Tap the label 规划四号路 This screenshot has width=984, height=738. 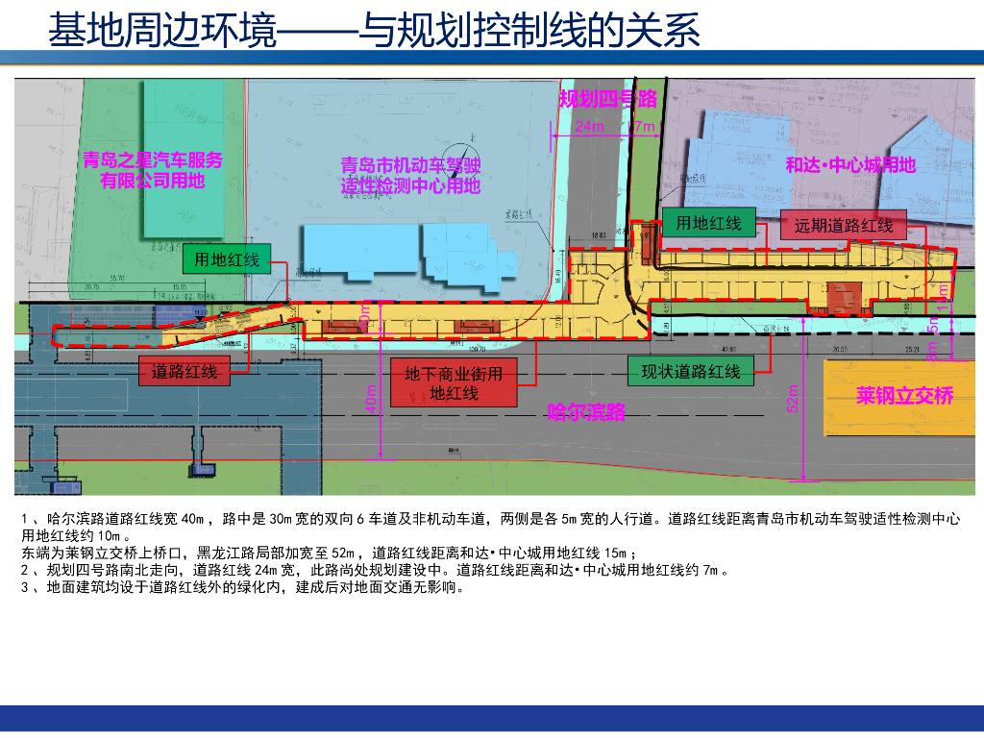608,98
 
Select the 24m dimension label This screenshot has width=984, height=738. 589,127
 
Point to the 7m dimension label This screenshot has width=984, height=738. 645,127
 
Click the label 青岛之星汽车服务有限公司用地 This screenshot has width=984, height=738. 153,170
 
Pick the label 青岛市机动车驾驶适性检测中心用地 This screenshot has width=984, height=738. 410,176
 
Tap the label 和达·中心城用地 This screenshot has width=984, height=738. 850,165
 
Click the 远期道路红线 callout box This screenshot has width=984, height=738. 844,226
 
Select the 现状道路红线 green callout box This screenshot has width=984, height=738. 691,372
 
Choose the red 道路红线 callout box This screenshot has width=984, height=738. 184,372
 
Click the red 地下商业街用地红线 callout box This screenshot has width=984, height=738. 454,383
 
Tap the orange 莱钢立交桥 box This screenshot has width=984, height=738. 904,396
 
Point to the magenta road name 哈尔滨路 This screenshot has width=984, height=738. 586,412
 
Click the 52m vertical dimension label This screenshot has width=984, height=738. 793,399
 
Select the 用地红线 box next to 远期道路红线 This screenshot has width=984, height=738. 709,224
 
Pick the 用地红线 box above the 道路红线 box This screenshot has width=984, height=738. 227,259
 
